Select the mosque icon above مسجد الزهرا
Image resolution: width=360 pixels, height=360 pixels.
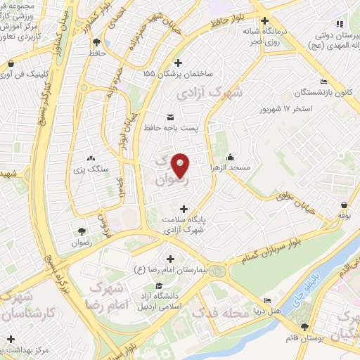(230, 157)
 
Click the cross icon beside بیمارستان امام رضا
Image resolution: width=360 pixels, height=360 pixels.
(171, 258)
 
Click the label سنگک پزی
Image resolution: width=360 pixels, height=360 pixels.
(91, 169)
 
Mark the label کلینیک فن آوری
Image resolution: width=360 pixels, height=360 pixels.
(25, 75)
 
